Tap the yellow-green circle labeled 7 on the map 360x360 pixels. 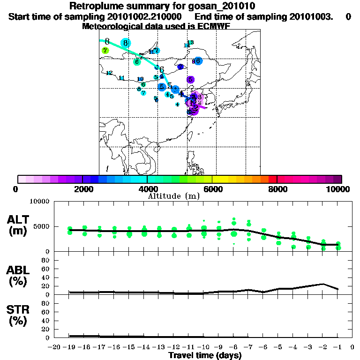click(105, 50)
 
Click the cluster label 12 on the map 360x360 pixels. click(109, 73)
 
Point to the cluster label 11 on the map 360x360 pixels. click(122, 78)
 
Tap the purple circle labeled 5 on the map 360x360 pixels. click(190, 80)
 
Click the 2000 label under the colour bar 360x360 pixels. click(82, 189)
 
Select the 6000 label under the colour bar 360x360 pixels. click(213, 189)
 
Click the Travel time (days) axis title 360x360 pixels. click(205, 356)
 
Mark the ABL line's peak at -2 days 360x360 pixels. click(323, 284)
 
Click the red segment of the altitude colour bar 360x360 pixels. click(272, 179)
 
